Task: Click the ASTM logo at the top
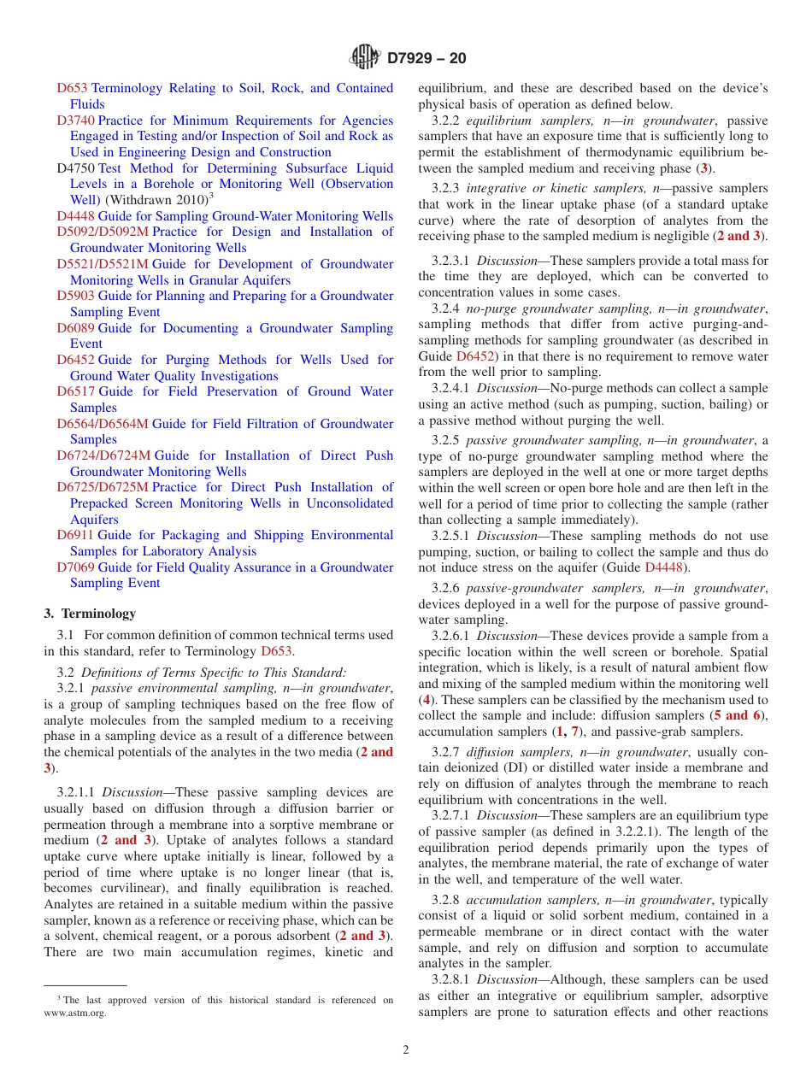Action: click(366, 58)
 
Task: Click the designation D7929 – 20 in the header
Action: click(427, 59)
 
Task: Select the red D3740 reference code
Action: click(75, 120)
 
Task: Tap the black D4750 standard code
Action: click(75, 168)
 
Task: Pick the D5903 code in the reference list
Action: click(75, 296)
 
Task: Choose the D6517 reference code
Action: click(75, 391)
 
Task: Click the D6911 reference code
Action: click(75, 535)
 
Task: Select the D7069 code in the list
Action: click(75, 567)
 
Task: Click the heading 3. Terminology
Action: click(90, 614)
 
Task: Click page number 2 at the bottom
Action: click(406, 1050)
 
